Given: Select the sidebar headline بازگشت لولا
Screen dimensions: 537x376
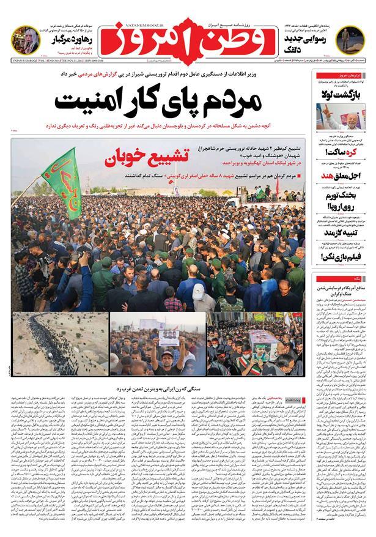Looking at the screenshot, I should click(342, 95).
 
